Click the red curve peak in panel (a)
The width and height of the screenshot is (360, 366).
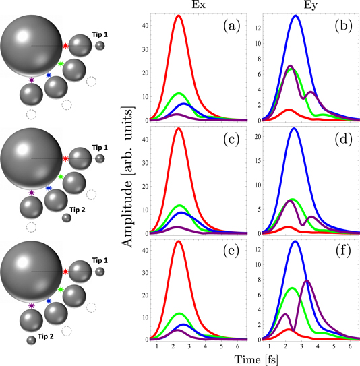pyautogui.click(x=178, y=16)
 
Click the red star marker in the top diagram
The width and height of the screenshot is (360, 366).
pyautogui.click(x=65, y=46)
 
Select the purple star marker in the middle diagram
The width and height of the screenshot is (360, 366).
pyautogui.click(x=32, y=193)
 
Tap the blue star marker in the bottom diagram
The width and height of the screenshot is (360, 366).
pyautogui.click(x=49, y=301)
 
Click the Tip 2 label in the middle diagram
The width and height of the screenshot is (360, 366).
pyautogui.click(x=80, y=209)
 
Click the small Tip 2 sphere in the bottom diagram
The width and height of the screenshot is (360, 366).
pyautogui.click(x=31, y=341)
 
